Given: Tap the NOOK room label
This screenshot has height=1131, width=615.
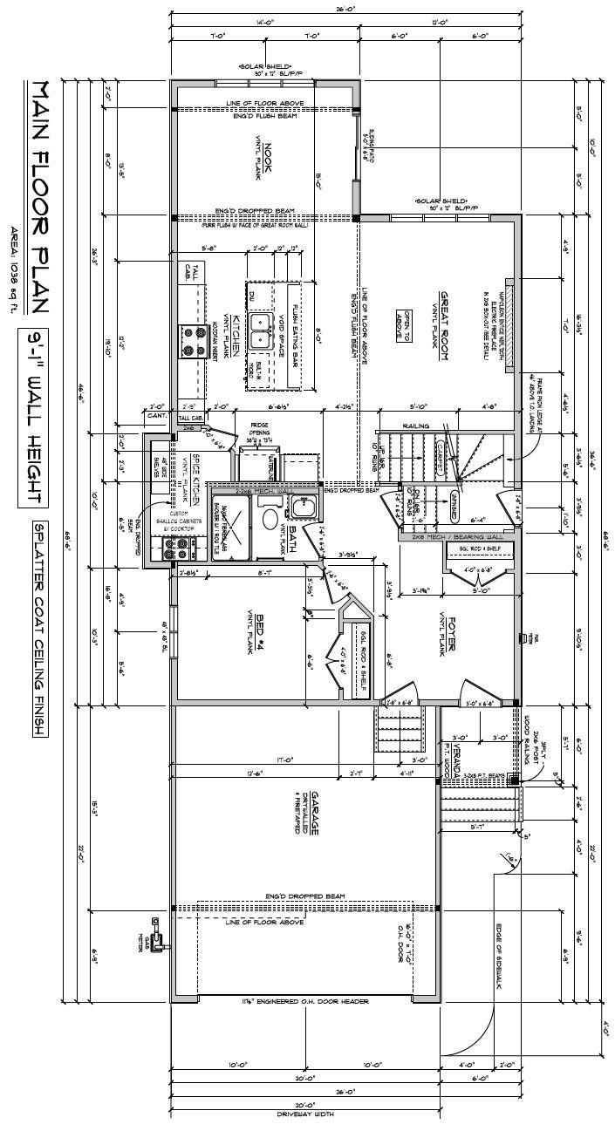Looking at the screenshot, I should tap(269, 158).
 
